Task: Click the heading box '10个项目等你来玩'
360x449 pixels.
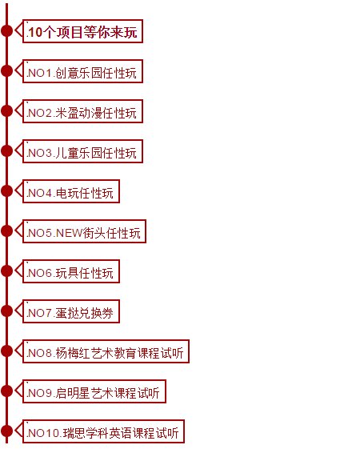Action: pos(82,31)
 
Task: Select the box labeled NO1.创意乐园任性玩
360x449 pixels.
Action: pos(82,71)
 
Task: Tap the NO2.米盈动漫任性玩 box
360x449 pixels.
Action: pos(82,111)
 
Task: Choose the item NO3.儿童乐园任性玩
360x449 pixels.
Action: pos(82,151)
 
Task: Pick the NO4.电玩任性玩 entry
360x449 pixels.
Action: pos(71,191)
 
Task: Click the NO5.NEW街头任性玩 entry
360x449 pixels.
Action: pos(85,231)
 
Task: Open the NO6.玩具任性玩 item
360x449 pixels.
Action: pos(71,271)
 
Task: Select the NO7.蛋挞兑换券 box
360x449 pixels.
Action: pos(71,311)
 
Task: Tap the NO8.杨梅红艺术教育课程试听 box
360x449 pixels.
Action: pos(106,351)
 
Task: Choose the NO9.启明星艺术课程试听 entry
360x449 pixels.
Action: pos(94,391)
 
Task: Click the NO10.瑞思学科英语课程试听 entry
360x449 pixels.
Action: pos(103,431)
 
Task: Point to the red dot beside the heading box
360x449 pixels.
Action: pos(7,31)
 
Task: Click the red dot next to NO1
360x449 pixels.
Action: pos(7,71)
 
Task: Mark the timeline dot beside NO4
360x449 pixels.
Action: pos(7,191)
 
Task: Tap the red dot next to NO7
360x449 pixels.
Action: pos(7,311)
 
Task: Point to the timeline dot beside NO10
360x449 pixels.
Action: pos(7,431)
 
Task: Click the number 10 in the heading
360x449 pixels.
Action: pos(35,32)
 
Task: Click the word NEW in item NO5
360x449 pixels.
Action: pos(70,233)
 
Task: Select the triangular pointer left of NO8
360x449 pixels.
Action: pos(19,351)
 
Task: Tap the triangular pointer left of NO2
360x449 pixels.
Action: pos(19,110)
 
